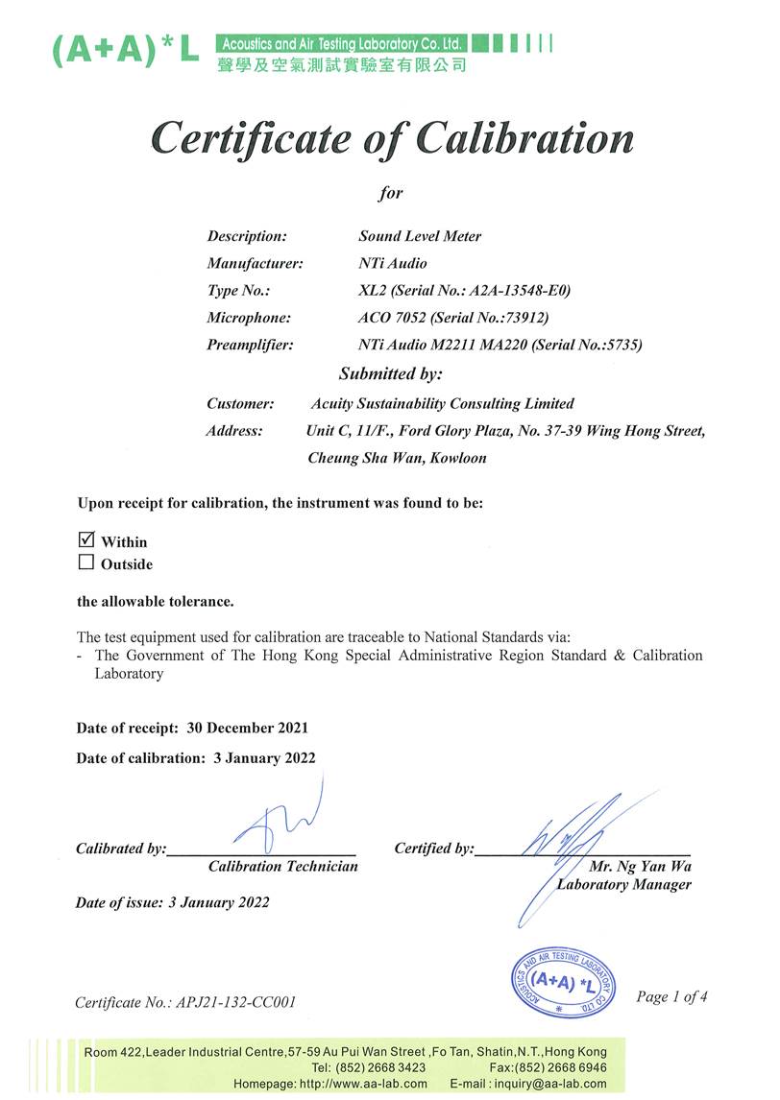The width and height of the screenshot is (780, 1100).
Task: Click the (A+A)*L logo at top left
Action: coord(125,52)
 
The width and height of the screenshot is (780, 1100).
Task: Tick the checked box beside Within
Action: coord(85,539)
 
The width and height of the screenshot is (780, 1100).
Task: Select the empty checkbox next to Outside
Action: coord(85,562)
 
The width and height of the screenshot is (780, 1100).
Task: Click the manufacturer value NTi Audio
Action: coord(393,263)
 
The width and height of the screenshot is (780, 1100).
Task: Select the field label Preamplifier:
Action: coord(250,344)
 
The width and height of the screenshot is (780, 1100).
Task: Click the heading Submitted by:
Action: coord(390,373)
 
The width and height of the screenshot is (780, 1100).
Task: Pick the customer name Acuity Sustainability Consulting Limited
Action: coord(443,404)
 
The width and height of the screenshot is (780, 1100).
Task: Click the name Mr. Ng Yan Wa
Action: coord(640,866)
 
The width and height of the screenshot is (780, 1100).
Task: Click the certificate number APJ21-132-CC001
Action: coord(235,1002)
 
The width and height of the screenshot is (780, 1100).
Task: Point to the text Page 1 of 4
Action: coord(671,996)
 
